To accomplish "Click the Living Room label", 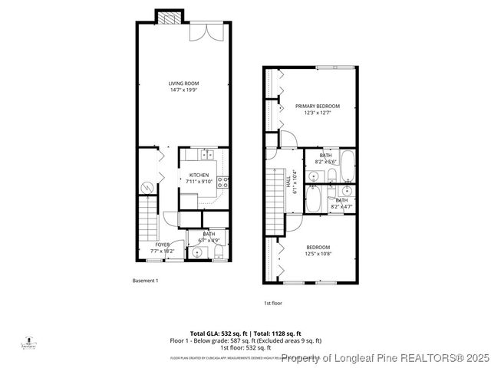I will click(183, 83).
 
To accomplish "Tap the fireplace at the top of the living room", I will click(170, 17).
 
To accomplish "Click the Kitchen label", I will click(199, 175).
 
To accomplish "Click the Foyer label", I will click(163, 245).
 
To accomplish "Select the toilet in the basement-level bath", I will click(219, 253).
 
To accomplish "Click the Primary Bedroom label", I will click(321, 106).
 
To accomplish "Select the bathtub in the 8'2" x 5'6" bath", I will click(347, 163).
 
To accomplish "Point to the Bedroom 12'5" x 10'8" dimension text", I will click(318, 253).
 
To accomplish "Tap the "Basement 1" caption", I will click(144, 281).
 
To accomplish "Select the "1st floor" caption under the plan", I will click(274, 303).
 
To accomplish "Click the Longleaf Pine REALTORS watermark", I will click(385, 357).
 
